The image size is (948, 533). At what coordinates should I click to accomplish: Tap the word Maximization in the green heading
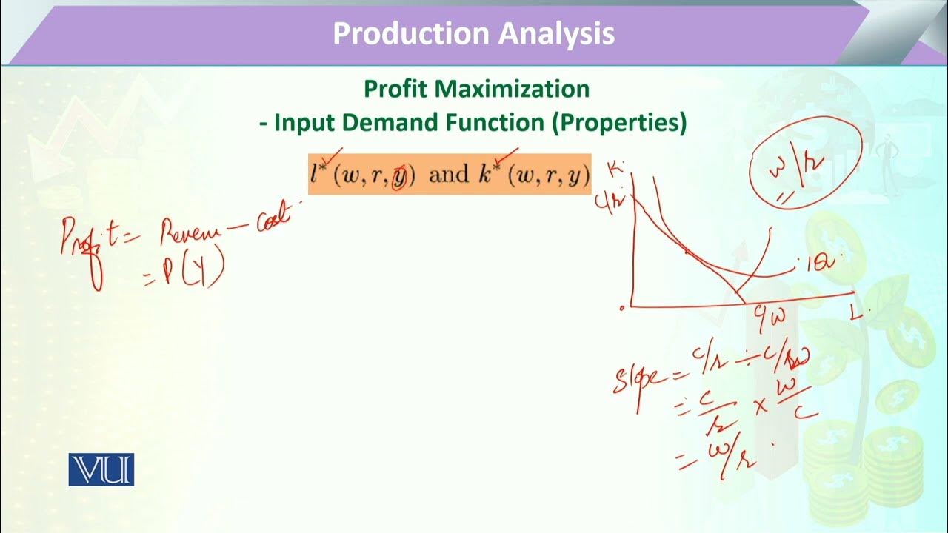pyautogui.click(x=513, y=90)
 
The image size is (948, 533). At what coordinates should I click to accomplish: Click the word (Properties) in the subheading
pyautogui.click(x=619, y=123)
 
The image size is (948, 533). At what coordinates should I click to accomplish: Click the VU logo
pyautogui.click(x=101, y=470)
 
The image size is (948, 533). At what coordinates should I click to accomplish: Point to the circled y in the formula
pyautogui.click(x=399, y=176)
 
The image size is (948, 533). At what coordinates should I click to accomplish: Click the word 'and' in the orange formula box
pyautogui.click(x=449, y=175)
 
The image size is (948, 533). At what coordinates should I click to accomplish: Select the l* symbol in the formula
pyautogui.click(x=318, y=172)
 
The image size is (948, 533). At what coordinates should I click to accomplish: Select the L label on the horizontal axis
pyautogui.click(x=856, y=312)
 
